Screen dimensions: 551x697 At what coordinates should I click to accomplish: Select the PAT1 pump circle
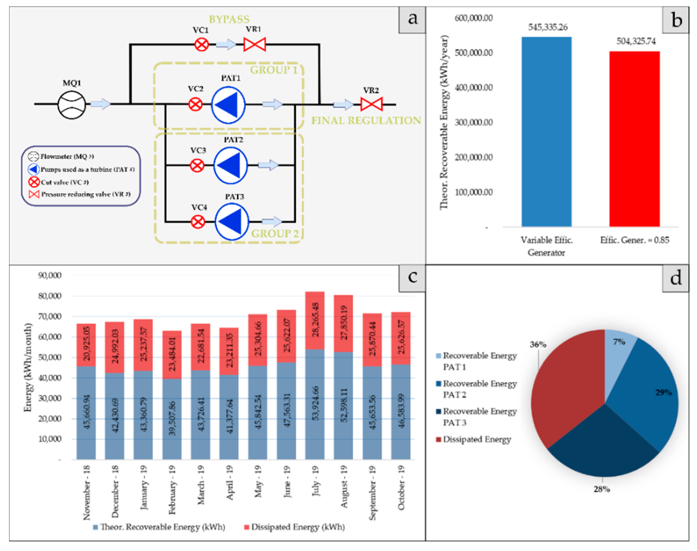228,105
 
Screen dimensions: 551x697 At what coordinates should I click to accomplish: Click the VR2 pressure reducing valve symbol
371,104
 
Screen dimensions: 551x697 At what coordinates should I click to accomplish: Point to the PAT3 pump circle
232,222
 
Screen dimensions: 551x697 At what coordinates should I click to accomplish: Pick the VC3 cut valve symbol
197,165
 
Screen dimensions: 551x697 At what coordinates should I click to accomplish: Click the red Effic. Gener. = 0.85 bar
634,139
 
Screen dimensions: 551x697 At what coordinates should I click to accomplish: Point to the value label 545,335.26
548,27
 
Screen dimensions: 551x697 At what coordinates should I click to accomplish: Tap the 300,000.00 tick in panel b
473,123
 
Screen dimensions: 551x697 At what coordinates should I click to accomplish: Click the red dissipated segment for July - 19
315,320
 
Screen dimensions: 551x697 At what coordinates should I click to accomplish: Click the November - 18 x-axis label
86,492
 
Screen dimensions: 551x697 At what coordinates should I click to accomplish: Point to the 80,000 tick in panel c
50,296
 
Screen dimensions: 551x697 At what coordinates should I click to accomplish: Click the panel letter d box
675,278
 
